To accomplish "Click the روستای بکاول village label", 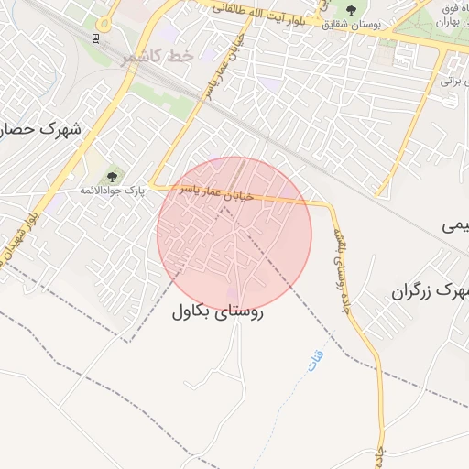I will click(217, 311).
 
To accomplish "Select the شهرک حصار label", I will click(40, 129).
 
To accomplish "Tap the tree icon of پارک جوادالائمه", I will click(113, 175).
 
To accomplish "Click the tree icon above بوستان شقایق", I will click(351, 10).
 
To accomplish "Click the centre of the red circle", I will click(234, 234).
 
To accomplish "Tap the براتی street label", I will click(449, 81).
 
